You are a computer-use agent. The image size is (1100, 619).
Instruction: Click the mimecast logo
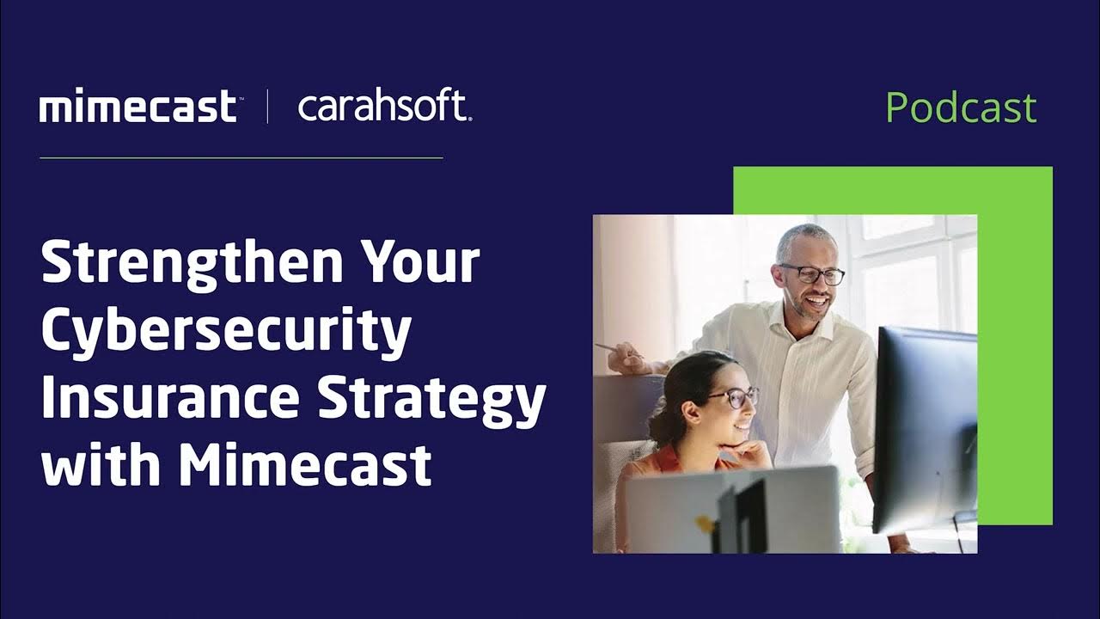coord(137,107)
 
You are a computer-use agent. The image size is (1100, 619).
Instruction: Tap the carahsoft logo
coord(384,107)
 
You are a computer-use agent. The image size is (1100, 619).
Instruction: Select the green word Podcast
coord(961,107)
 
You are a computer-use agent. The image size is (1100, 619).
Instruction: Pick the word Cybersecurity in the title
coord(226,331)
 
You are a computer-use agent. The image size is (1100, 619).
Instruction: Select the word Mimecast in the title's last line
coord(304,464)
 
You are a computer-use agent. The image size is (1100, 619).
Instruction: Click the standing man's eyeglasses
coord(813,274)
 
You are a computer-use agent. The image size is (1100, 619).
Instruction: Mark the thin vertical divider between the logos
coord(267,107)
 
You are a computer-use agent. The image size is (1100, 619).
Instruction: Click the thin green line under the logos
coord(241,158)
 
